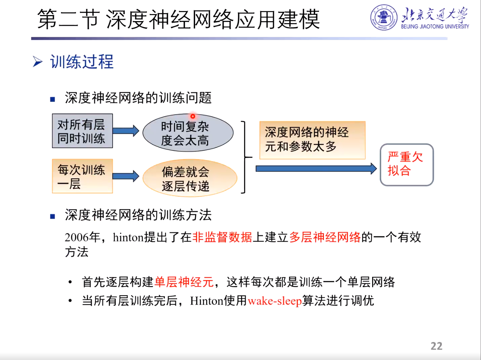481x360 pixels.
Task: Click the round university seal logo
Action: tap(384, 17)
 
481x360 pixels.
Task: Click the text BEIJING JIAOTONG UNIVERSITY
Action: tap(435, 27)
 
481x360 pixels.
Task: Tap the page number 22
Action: tap(436, 346)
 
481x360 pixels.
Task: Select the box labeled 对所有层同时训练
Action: tap(82, 131)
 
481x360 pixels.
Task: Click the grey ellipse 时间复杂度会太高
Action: tap(188, 133)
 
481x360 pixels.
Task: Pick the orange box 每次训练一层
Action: tap(82, 176)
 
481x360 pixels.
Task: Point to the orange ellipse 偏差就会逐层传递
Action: tap(189, 178)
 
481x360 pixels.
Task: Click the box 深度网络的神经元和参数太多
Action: tap(312, 140)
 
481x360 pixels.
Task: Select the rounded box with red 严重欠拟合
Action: tap(406, 164)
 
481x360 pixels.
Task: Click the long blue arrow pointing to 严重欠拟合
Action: tap(316, 169)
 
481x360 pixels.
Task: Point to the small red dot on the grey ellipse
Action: tap(192, 116)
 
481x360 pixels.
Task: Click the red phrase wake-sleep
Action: tap(275, 301)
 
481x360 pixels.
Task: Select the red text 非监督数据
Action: tap(222, 237)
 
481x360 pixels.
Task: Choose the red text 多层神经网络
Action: tap(325, 237)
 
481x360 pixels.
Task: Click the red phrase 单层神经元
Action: tap(184, 282)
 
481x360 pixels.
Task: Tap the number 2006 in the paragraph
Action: tap(77, 237)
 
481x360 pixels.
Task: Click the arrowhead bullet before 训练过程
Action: tap(37, 61)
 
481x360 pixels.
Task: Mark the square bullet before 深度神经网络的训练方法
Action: tap(53, 216)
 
